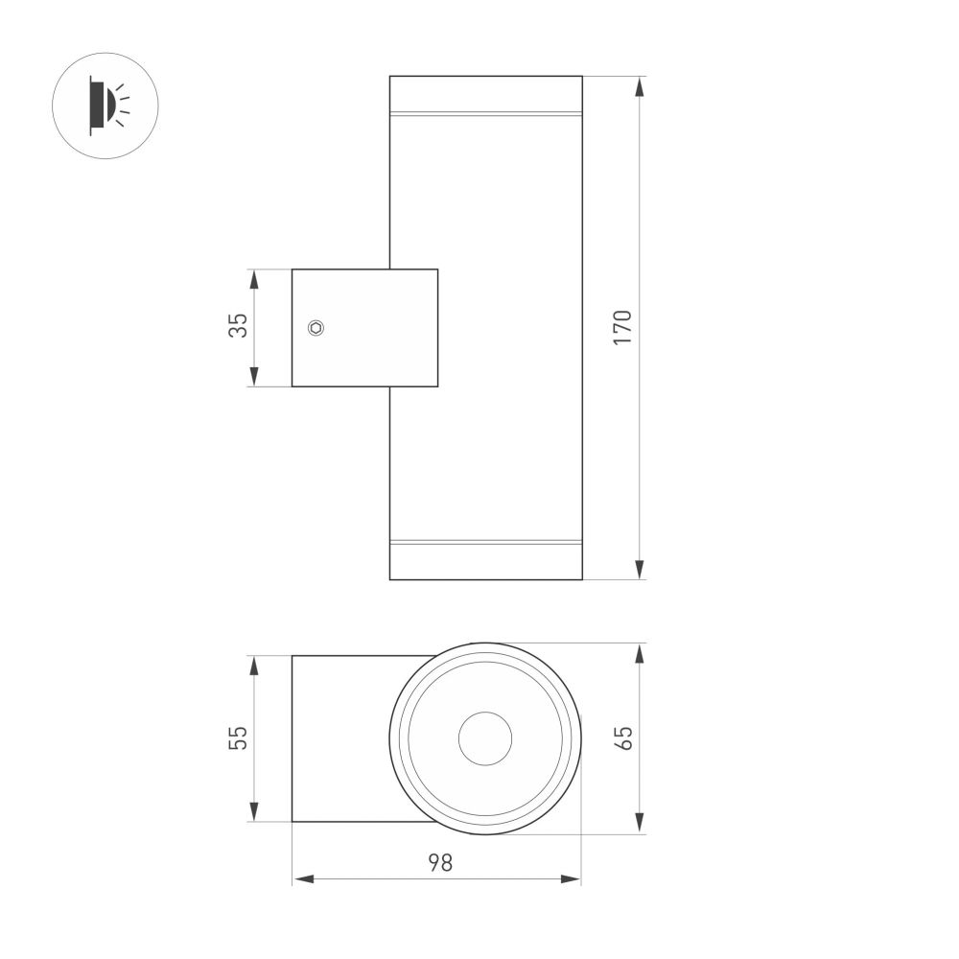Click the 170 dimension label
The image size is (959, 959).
pyautogui.click(x=622, y=328)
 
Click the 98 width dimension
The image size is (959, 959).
pyautogui.click(x=439, y=862)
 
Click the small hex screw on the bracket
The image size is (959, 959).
pyautogui.click(x=316, y=328)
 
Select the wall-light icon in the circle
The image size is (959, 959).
pyautogui.click(x=105, y=105)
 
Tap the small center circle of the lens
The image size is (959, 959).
pyautogui.click(x=485, y=739)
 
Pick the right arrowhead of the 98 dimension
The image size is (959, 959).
pyautogui.click(x=573, y=878)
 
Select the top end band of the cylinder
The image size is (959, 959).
pyautogui.click(x=485, y=95)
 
